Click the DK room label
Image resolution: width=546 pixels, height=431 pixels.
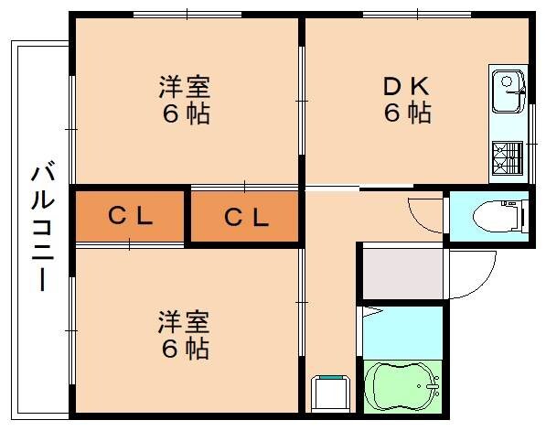(x=405, y=86)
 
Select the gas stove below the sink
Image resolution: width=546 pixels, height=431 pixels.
(x=507, y=156)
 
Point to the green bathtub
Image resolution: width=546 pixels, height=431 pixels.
(x=403, y=388)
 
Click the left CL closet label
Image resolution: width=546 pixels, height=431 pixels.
(x=130, y=217)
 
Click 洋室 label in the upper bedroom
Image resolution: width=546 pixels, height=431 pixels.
(x=185, y=87)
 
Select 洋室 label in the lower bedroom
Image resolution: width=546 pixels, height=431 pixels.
(x=185, y=321)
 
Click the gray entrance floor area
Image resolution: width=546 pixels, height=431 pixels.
(x=401, y=271)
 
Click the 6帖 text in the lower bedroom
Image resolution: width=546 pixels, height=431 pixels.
(x=185, y=349)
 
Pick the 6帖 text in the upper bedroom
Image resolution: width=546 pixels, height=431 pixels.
(x=185, y=114)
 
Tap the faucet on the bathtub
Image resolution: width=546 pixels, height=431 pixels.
(x=433, y=392)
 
